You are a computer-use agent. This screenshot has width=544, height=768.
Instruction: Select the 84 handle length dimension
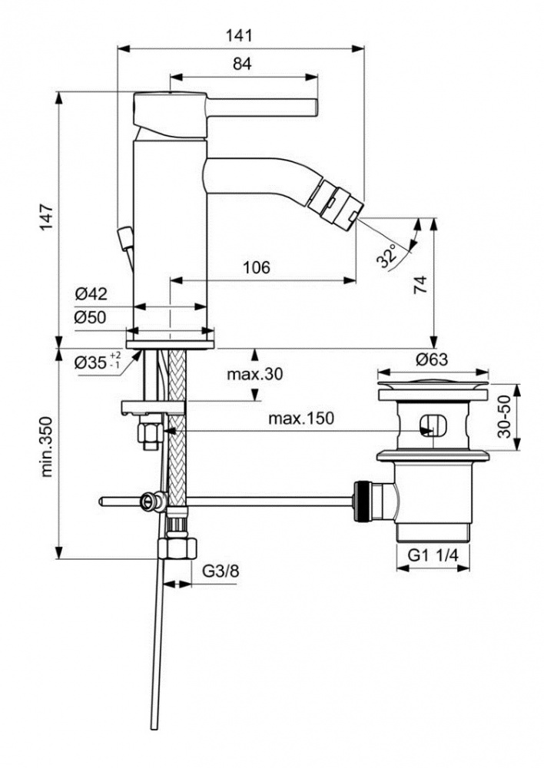[x=242, y=65]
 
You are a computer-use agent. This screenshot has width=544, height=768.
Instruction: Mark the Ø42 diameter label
[x=91, y=293]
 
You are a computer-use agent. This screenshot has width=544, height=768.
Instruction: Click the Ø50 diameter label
[x=91, y=317]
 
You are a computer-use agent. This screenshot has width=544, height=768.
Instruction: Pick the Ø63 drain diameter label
[x=433, y=359]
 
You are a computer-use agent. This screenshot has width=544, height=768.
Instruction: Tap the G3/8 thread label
[x=219, y=571]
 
